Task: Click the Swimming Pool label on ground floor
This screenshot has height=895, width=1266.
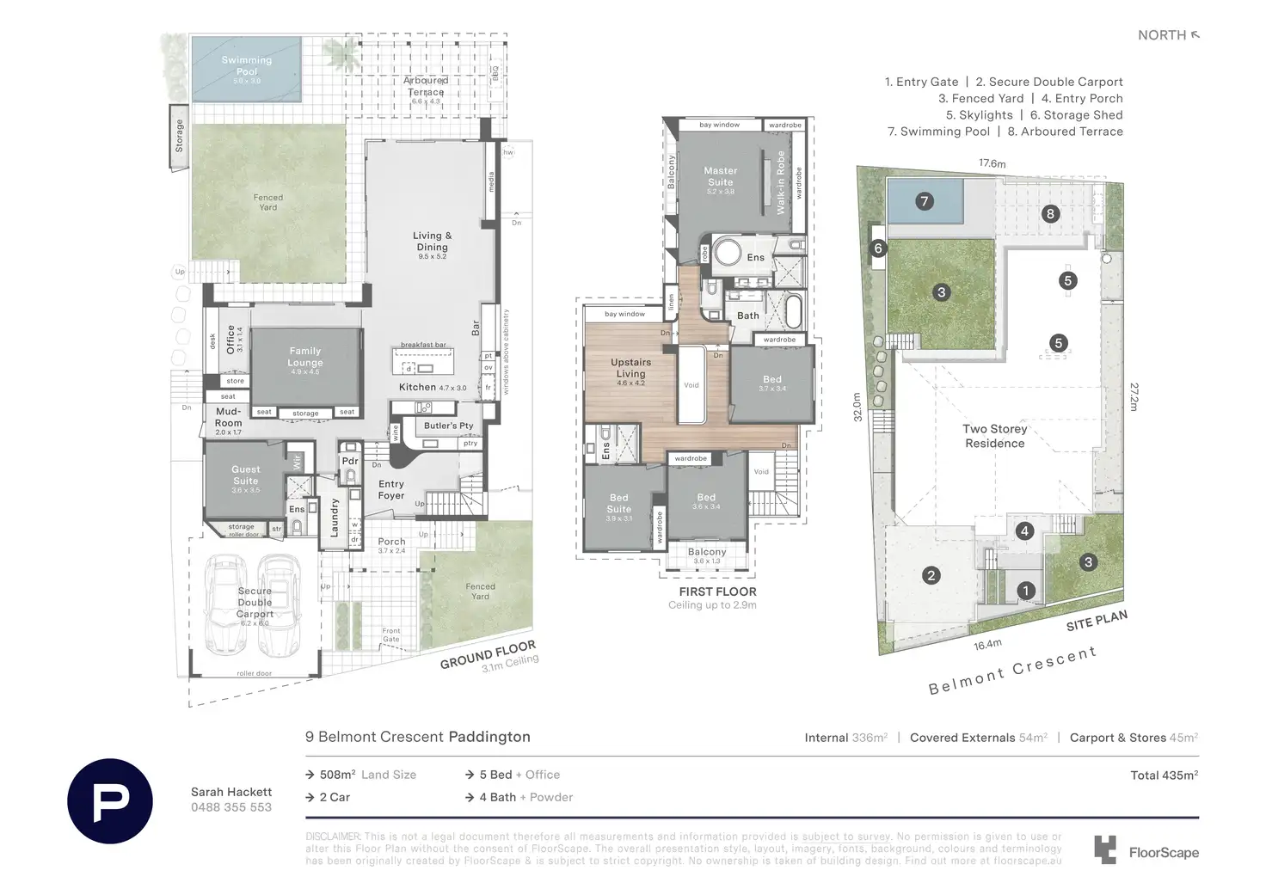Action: tap(246, 66)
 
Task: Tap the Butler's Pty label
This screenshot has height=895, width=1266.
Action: tap(448, 426)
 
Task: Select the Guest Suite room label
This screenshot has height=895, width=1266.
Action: tap(245, 475)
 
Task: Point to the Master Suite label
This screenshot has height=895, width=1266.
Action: tap(721, 176)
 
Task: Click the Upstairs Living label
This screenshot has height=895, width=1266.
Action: tap(630, 368)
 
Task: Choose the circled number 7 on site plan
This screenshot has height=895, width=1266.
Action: tap(925, 201)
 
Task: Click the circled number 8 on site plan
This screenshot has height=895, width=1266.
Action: tap(1050, 214)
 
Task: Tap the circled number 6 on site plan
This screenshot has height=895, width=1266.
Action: tap(878, 248)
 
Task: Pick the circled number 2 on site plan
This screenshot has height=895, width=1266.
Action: tap(931, 575)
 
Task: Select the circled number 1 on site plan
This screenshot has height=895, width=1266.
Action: tap(1026, 591)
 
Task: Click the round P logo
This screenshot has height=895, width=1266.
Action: tap(110, 801)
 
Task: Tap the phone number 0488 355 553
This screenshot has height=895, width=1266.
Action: tap(231, 807)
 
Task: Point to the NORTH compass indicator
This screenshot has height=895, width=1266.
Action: tap(1168, 35)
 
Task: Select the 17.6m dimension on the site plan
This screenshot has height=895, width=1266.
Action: tap(992, 163)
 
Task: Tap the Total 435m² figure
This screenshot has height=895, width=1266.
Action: tap(1164, 775)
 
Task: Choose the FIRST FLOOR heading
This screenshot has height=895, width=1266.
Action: tap(717, 592)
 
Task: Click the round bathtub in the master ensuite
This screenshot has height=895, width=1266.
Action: tap(728, 254)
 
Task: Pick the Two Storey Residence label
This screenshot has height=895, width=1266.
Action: tap(995, 436)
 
